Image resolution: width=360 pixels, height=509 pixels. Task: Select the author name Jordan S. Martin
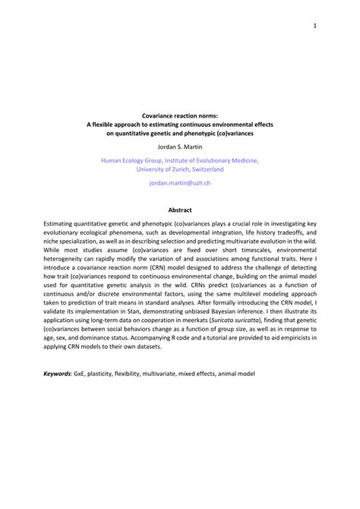180,147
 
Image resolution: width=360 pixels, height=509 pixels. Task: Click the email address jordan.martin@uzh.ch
180,185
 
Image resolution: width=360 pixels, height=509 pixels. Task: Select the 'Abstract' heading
180,210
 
